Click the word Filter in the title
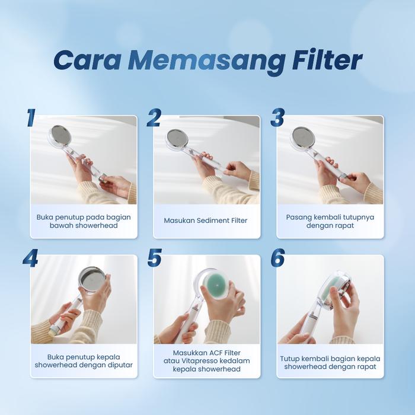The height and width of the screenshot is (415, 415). [327, 60]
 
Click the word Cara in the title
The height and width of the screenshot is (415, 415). [87, 61]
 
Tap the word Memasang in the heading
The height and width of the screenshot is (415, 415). [206, 62]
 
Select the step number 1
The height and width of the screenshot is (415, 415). [31, 117]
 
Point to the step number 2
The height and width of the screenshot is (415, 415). [154, 117]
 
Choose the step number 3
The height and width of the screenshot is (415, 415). [277, 117]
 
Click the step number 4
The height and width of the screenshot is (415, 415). [30, 258]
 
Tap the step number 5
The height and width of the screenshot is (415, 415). [155, 257]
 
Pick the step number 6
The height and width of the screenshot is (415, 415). [277, 257]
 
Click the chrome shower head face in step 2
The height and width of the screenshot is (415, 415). [177, 138]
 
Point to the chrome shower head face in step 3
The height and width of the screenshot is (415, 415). [302, 137]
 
